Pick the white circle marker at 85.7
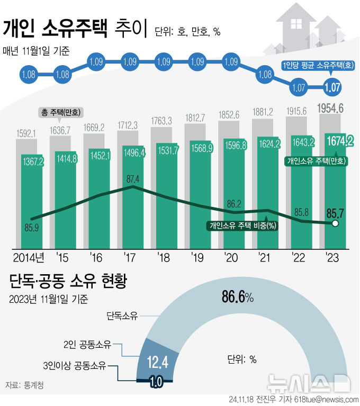pyautogui.click(x=335, y=224)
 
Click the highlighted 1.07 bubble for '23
pyautogui.click(x=332, y=87)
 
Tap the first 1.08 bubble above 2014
pyautogui.click(x=29, y=75)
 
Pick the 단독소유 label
pyautogui.click(x=122, y=316)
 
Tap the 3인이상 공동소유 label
pyautogui.click(x=75, y=365)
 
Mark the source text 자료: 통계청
pyautogui.click(x=24, y=385)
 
